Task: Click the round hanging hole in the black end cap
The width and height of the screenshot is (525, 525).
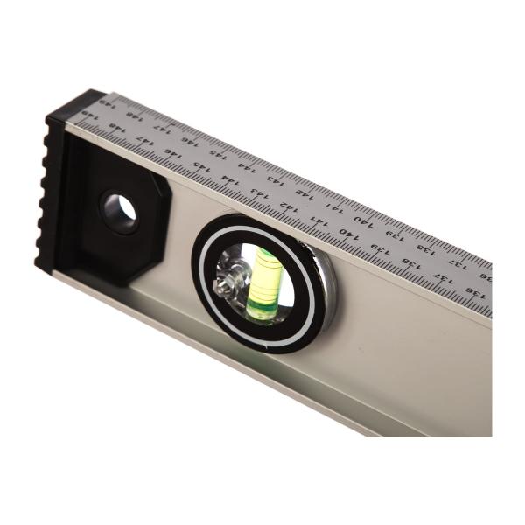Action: (x=120, y=212)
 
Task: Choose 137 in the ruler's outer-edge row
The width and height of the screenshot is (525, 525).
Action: (x=457, y=262)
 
